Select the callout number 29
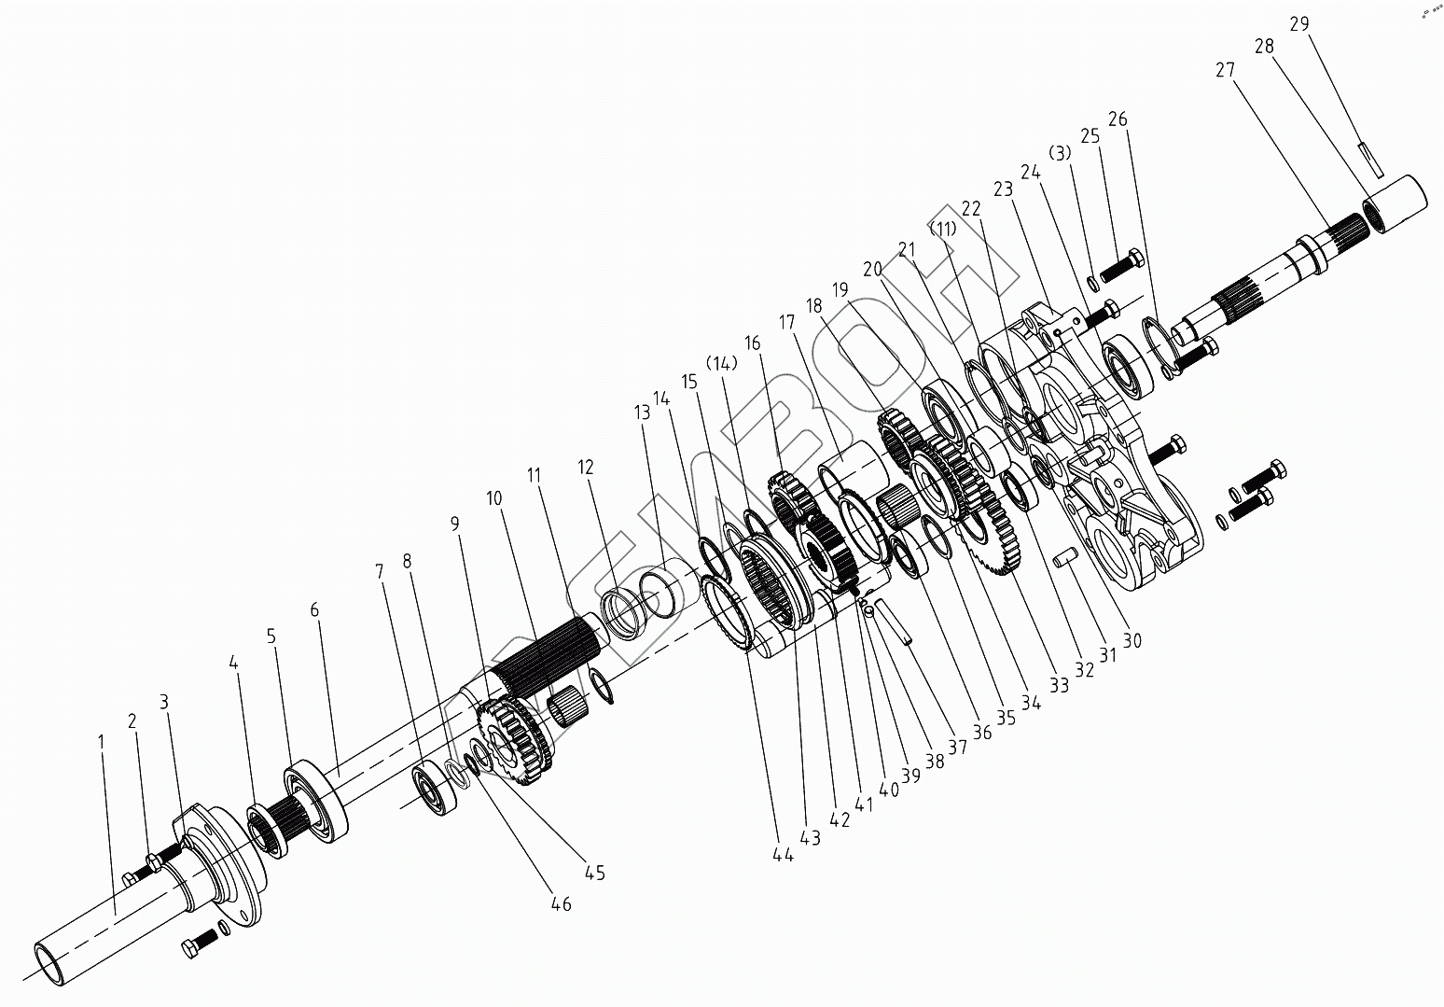[1300, 25]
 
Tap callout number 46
[560, 904]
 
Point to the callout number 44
[783, 854]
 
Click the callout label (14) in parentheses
[722, 362]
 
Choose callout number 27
[1226, 69]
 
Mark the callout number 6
[314, 609]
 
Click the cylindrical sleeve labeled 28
[1395, 200]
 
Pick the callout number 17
[786, 323]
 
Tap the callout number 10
[493, 498]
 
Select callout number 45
[594, 873]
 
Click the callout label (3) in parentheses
[1061, 152]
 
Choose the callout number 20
[872, 269]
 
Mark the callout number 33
[1058, 685]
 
